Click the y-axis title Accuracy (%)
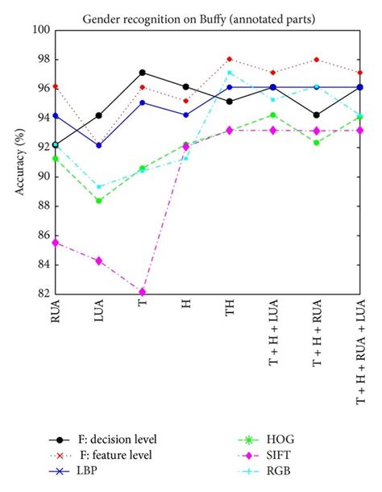click(17, 162)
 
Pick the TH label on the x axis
click(230, 315)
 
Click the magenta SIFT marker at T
click(142, 292)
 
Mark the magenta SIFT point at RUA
click(55, 242)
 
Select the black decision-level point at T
click(142, 73)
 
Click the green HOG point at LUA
click(98, 200)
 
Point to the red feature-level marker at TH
click(230, 59)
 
